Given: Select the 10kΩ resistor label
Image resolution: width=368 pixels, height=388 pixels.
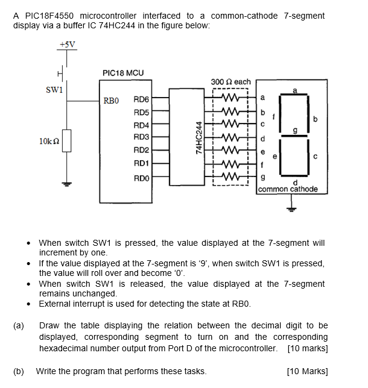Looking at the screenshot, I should (x=49, y=140).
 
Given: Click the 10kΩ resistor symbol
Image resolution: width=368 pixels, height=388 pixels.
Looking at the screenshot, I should (x=67, y=140).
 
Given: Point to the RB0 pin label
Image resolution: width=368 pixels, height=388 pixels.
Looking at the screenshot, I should (x=112, y=100).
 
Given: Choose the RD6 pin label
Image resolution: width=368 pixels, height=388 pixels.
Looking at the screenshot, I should (x=141, y=99).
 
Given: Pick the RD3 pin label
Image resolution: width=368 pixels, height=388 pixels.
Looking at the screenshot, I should (x=141, y=137).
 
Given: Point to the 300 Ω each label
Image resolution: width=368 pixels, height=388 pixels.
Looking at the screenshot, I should (x=231, y=81).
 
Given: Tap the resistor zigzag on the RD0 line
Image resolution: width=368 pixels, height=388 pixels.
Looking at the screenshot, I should (x=230, y=177).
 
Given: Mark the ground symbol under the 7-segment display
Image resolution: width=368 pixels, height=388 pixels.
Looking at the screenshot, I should (x=293, y=209).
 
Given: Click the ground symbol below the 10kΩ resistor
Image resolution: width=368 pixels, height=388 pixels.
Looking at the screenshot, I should (x=67, y=184).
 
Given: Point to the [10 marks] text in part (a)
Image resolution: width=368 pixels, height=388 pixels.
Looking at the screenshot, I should (x=308, y=348).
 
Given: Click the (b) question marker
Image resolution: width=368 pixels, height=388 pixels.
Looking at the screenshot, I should (x=19, y=371).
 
